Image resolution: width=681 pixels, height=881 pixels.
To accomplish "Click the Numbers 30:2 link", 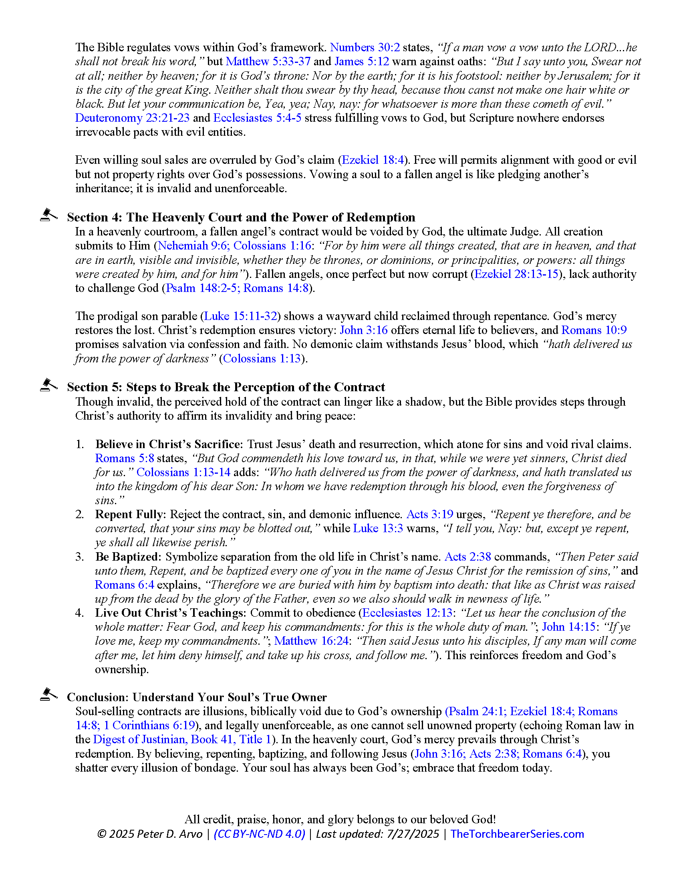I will [365, 48].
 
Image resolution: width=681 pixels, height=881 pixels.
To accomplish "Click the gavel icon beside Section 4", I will [48, 215].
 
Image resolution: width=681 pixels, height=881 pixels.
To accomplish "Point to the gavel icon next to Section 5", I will [48, 385].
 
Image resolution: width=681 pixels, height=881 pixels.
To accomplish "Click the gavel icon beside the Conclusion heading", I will [48, 695].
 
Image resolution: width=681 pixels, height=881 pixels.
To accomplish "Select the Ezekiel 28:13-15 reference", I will [516, 274].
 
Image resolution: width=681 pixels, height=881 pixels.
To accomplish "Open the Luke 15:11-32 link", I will [240, 316].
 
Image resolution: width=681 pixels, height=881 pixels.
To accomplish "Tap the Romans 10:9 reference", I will [594, 330].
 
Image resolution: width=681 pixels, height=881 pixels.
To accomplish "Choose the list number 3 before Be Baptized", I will [80, 557].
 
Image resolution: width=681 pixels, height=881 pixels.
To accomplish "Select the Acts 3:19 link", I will [430, 515].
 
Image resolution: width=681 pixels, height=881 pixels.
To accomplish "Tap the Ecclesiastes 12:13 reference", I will [407, 613].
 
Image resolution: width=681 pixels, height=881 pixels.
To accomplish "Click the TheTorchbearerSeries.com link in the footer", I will [517, 834].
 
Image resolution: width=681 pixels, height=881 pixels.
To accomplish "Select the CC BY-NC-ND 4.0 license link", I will [260, 834].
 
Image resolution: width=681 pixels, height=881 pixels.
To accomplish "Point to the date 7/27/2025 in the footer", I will [412, 834].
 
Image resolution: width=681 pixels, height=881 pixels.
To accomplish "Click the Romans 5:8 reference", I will [124, 459].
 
